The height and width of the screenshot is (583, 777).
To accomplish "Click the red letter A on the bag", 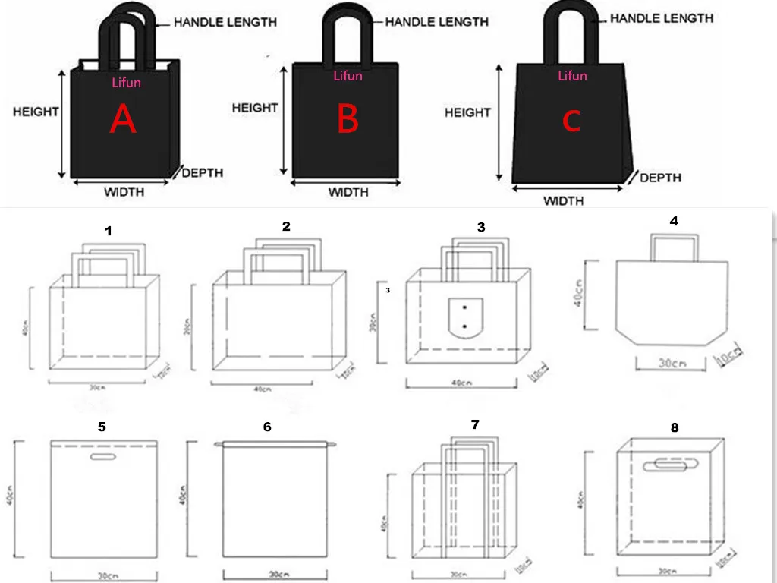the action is coord(123,120).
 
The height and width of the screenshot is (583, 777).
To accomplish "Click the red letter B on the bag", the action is coord(348,120).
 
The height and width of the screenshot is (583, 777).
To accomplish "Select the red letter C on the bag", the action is coord(571,120).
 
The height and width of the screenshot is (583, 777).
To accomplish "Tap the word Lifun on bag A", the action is coord(126,82).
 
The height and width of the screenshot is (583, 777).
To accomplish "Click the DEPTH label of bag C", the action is coord(660,178).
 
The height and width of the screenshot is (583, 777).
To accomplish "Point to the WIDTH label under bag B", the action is coord(348,192).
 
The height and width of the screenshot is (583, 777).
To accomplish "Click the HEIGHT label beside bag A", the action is coord(36,112).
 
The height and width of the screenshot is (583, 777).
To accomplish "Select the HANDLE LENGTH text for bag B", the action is coord(436,22).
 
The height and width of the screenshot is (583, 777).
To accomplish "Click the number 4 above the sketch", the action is coord(674,221).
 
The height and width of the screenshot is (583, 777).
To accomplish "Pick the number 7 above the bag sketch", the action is coord(475,424).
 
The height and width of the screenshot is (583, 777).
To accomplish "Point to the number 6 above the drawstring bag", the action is coord(267,427).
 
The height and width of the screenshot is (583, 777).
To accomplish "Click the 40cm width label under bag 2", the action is coord(262,389).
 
